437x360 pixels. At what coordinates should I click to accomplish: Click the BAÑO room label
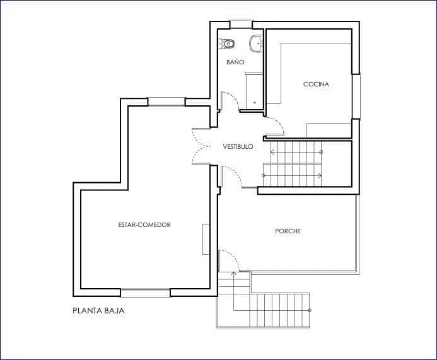235,62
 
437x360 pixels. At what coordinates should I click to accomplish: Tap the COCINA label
316,84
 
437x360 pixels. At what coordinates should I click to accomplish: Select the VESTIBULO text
238,146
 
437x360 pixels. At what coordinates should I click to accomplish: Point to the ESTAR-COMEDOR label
144,224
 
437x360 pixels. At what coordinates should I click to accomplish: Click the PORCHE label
288,231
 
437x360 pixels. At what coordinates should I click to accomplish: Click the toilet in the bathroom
227,44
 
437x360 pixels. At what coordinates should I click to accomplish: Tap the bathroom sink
255,44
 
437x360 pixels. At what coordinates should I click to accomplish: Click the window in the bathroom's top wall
241,25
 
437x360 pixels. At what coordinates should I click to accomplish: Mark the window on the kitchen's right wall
356,96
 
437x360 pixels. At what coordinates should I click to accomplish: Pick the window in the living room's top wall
166,102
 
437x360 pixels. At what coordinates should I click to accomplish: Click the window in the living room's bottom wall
145,293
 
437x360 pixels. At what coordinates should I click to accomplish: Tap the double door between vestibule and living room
202,146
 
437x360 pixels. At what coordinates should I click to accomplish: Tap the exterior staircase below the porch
277,310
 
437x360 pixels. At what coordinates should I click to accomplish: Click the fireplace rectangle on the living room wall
206,239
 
